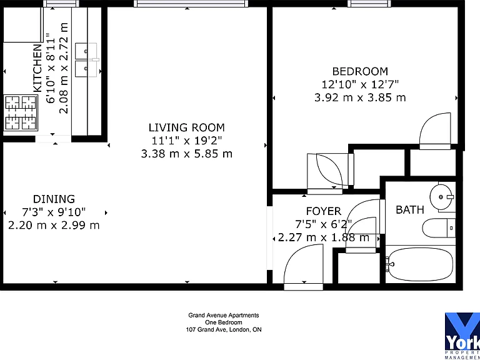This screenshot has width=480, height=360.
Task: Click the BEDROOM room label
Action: point(360,71)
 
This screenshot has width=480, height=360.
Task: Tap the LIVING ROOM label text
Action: point(187,127)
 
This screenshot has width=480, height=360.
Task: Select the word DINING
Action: point(54,199)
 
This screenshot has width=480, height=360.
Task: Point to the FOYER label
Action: point(324,211)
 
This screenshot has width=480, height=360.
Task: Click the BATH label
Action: point(410,210)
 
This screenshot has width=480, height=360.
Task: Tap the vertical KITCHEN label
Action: point(37,68)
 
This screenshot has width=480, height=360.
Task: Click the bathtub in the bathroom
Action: point(420,264)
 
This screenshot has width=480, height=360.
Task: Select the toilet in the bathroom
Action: point(439,228)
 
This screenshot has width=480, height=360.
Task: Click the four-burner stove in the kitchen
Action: point(21,113)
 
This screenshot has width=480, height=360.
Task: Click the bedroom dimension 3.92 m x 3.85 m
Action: point(360,97)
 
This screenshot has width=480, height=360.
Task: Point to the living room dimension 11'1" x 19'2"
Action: point(187,141)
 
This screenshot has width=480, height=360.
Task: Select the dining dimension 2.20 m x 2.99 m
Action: point(54,225)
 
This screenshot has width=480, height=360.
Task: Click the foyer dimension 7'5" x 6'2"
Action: point(324,224)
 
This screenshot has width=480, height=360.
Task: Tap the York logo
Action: point(462,336)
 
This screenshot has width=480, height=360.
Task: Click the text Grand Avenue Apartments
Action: point(224,315)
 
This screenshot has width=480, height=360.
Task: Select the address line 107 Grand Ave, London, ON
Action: point(224,330)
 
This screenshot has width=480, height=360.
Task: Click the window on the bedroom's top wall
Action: point(369,3)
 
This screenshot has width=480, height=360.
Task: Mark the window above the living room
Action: point(191,3)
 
